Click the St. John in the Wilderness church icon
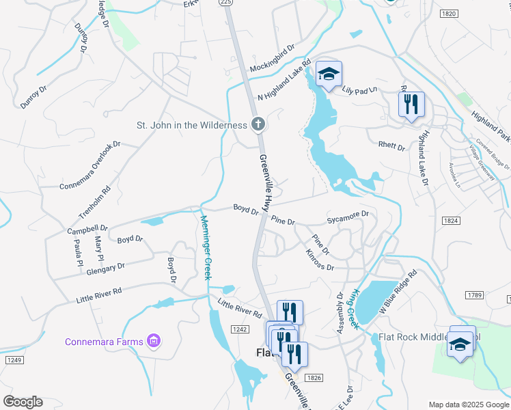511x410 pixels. click(258, 125)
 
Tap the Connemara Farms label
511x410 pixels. click(104, 342)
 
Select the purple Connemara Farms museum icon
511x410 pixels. click(154, 340)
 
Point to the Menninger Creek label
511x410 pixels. click(206, 247)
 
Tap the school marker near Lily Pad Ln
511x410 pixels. click(329, 75)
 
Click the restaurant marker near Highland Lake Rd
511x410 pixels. click(411, 105)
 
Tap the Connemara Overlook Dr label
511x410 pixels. click(89, 165)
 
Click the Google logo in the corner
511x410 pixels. click(23, 402)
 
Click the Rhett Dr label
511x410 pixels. click(391, 146)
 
